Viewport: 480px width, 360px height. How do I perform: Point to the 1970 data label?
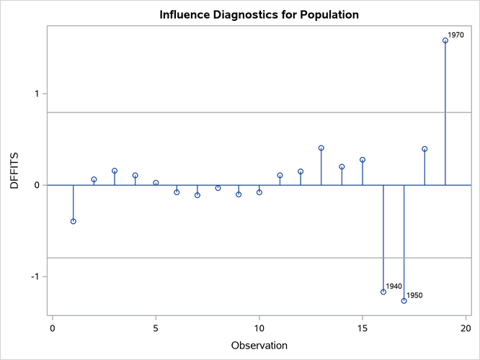point(455,35)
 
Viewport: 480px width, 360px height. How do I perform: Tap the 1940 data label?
point(394,286)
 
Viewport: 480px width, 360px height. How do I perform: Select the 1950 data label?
point(414,295)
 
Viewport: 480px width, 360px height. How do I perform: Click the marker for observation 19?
point(445,40)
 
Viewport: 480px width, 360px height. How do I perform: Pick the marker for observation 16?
point(383,292)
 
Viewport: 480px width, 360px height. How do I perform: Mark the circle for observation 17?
point(404,300)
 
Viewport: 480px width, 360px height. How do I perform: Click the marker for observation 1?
point(74,221)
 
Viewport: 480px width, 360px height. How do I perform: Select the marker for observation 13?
point(321,148)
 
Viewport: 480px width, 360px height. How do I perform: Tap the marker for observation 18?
point(425,149)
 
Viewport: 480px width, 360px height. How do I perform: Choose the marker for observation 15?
point(363,160)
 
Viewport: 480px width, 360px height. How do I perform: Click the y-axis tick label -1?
point(37,276)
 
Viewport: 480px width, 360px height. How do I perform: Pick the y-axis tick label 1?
point(40,94)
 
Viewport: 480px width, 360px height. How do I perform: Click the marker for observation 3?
point(115,171)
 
